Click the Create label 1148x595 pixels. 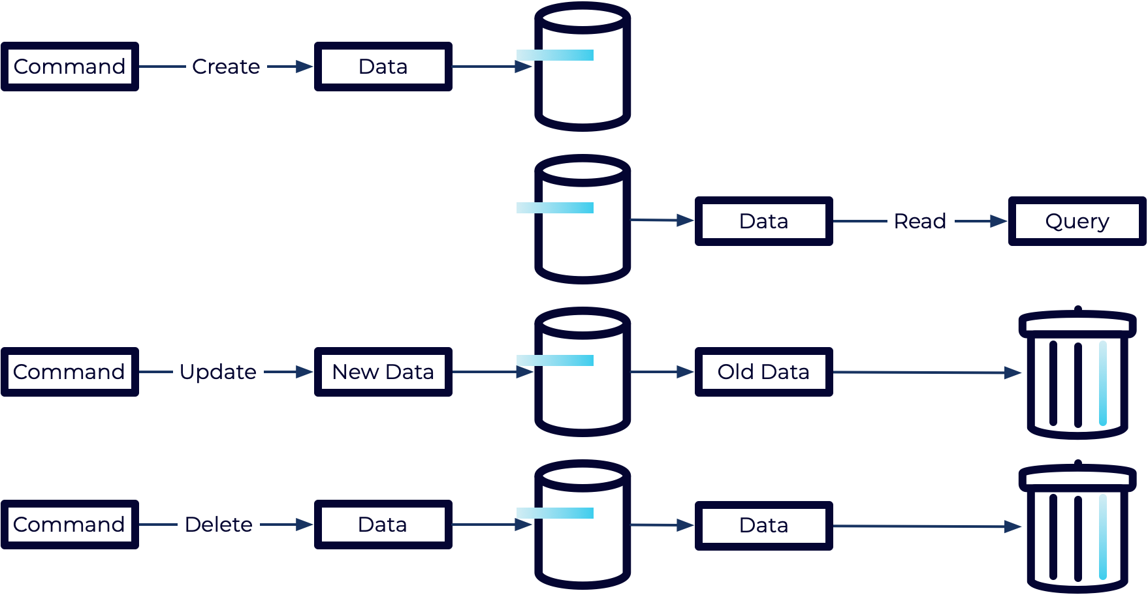click(226, 67)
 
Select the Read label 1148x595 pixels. click(920, 221)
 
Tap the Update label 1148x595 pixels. click(218, 372)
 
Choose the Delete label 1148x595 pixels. click(218, 525)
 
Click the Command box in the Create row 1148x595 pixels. click(70, 67)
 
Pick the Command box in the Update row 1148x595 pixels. click(70, 372)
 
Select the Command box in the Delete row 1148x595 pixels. click(70, 525)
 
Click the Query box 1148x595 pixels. click(1077, 221)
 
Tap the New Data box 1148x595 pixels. click(383, 372)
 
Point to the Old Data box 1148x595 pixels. click(763, 372)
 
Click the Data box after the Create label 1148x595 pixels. click(383, 67)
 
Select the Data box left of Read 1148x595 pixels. click(763, 221)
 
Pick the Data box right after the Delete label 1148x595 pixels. click(383, 525)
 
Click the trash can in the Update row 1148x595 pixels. click(1077, 375)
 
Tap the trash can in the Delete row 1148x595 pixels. click(1077, 528)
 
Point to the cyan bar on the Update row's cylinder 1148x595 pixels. click(555, 360)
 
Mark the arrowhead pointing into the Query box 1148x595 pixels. click(999, 221)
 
